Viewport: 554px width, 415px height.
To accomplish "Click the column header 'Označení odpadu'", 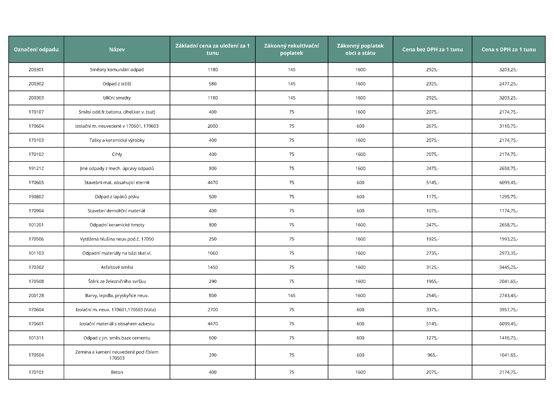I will click(x=36, y=49).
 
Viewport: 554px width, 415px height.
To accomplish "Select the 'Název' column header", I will click(x=117, y=49).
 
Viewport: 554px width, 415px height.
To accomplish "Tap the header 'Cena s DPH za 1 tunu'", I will click(x=508, y=49).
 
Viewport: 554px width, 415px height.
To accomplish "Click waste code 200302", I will click(x=36, y=84).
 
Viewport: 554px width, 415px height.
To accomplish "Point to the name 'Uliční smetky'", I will click(x=117, y=98).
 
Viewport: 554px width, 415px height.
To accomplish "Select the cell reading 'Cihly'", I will click(x=117, y=154).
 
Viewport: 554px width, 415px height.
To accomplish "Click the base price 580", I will click(x=212, y=84).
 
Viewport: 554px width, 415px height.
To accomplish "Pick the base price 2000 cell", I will click(x=212, y=126).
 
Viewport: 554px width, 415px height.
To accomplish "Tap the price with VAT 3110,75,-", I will click(x=508, y=126).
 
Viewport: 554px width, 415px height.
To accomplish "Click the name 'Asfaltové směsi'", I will click(x=117, y=267).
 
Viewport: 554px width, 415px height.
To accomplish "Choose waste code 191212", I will click(x=36, y=168).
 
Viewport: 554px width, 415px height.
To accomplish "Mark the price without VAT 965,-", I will click(x=432, y=355).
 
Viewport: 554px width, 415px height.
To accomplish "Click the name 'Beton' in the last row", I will click(x=117, y=372).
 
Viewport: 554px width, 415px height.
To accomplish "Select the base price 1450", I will click(x=212, y=267).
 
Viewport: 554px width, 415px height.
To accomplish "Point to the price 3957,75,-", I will click(x=508, y=309).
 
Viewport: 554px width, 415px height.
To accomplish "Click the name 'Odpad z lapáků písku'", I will click(x=117, y=197).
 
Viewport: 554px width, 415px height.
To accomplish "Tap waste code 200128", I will click(x=36, y=295).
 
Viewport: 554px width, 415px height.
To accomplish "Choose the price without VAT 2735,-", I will click(x=432, y=253).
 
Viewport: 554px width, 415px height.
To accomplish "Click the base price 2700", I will click(x=212, y=309).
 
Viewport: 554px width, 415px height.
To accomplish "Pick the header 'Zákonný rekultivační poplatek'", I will click(x=291, y=49).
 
